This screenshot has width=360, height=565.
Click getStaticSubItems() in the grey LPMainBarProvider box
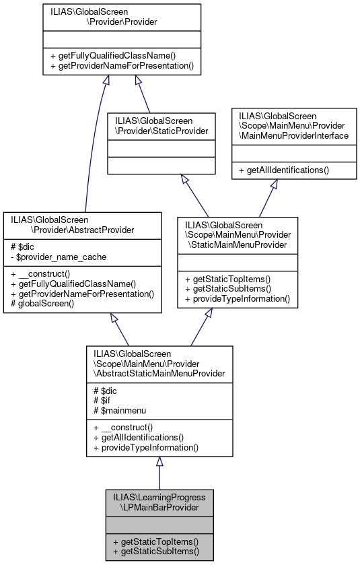tap(156, 550)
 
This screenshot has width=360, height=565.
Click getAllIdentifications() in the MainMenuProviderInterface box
tap(287, 170)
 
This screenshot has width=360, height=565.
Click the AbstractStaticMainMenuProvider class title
tap(159, 362)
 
